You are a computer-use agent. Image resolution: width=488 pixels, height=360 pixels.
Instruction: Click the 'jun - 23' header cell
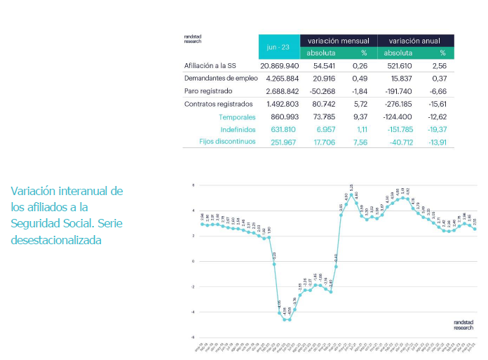[278, 46]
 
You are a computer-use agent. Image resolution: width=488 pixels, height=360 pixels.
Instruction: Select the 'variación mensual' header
[338, 41]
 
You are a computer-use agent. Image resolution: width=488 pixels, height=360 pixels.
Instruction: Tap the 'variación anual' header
[415, 41]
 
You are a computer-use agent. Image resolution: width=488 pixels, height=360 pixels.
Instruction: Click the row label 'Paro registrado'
[209, 91]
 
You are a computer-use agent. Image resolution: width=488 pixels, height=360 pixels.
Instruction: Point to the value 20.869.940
[279, 65]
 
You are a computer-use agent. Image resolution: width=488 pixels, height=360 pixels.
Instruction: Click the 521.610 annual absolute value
[398, 65]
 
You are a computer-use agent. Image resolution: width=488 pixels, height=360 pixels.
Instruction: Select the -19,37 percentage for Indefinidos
[437, 130]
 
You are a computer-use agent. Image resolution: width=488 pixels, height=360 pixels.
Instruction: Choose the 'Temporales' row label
[236, 117]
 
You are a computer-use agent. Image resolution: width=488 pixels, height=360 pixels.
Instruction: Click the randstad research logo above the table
[193, 39]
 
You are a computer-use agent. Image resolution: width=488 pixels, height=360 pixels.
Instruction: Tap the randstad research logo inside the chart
[463, 324]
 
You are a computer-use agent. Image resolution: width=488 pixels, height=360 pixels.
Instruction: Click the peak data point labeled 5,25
[352, 195]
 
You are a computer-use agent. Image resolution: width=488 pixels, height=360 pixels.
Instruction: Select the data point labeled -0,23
[274, 264]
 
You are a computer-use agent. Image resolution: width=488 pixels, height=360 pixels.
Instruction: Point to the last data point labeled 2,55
[474, 229]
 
